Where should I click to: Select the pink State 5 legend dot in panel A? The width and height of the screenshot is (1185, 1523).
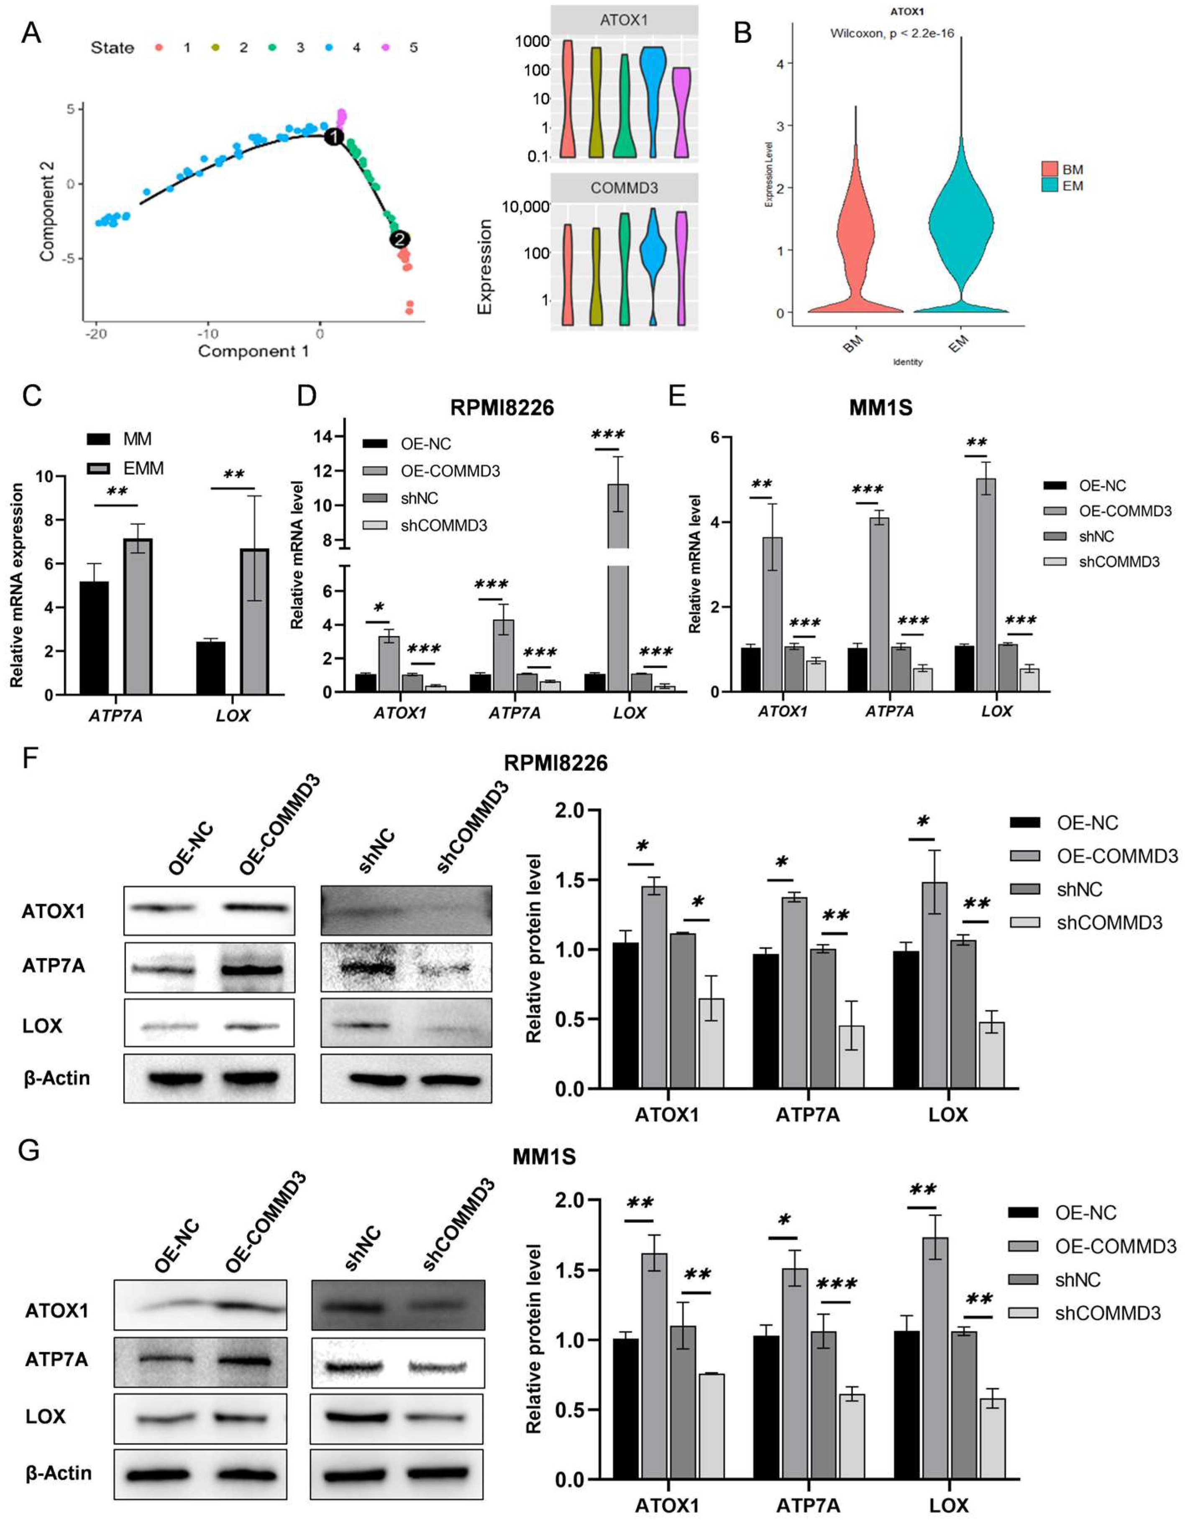pos(385,47)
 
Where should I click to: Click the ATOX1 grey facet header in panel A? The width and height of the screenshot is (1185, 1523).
pos(624,20)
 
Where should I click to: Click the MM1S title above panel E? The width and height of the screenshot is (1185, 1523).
pos(880,407)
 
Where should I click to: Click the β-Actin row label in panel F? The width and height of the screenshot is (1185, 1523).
pos(56,1078)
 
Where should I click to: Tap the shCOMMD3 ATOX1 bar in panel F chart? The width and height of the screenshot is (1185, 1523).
pos(711,1043)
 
